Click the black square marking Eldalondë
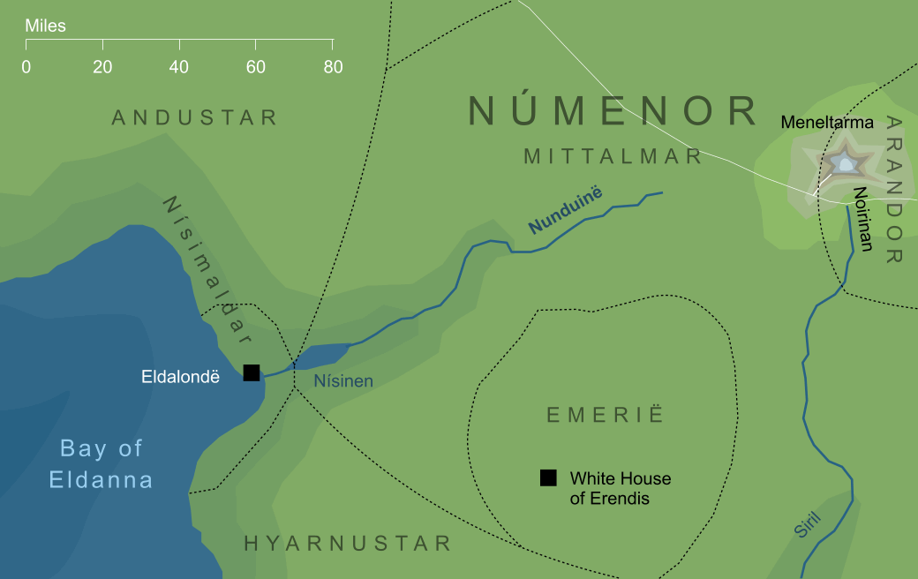(x=252, y=372)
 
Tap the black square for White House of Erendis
(x=548, y=478)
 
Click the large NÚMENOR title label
(x=613, y=111)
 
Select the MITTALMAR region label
(x=613, y=156)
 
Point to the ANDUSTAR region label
(x=195, y=117)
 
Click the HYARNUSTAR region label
(x=348, y=543)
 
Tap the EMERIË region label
(x=605, y=415)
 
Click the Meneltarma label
(x=826, y=123)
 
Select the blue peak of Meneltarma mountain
(x=845, y=163)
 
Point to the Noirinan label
(x=863, y=218)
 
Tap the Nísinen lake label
(x=343, y=381)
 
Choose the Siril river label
(x=807, y=524)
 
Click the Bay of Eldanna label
(x=101, y=464)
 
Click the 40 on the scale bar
(x=179, y=67)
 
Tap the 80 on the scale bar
(x=333, y=67)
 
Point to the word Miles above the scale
(x=45, y=26)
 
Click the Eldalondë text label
(x=180, y=377)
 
